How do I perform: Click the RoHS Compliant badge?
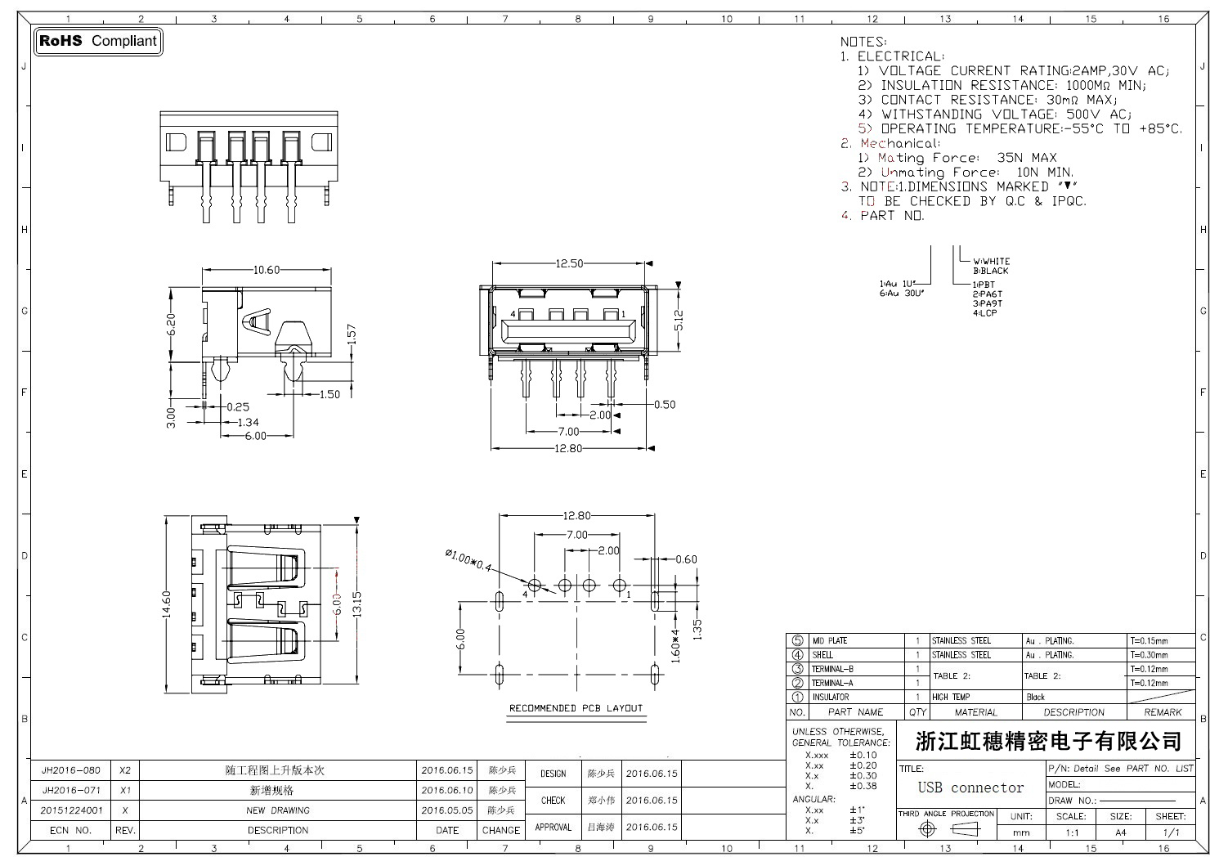click(97, 41)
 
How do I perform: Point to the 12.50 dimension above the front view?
click(569, 263)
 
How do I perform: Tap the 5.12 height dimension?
click(678, 319)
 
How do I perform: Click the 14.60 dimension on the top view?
click(167, 605)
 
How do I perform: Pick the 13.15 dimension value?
click(356, 605)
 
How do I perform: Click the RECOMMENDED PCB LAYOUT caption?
click(576, 708)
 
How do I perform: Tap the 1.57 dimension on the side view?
click(352, 334)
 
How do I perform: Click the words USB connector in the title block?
click(970, 787)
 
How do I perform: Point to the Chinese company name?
click(1049, 741)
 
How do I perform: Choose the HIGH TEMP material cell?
click(951, 698)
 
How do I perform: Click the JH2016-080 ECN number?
click(71, 770)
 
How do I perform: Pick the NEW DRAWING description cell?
click(278, 810)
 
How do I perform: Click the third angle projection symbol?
click(946, 829)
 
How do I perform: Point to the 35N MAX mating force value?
click(1027, 158)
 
